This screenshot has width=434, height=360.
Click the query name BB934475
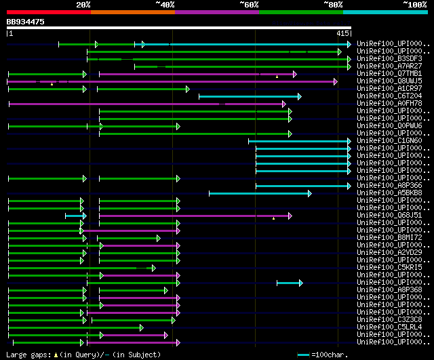(26, 22)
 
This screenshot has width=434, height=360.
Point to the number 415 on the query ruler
(342, 33)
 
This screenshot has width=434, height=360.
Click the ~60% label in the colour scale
(249, 5)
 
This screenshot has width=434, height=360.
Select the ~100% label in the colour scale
(414, 5)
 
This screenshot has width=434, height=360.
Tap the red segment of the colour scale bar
(48, 12)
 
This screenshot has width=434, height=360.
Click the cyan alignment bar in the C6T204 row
(249, 96)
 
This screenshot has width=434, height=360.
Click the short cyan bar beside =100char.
(303, 355)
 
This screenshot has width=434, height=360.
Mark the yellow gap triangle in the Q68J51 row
(273, 218)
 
